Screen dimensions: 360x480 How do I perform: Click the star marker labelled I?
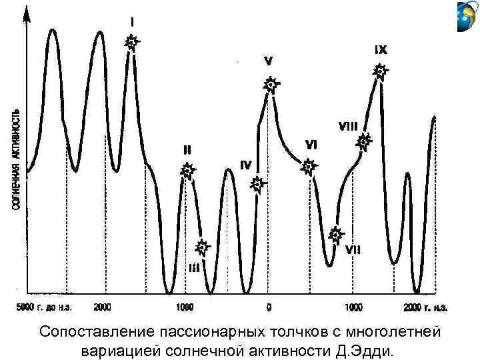click(132, 43)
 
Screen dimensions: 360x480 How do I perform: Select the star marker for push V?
click(270, 85)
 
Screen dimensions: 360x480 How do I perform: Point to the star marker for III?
click(203, 247)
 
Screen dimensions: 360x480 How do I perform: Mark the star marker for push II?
click(188, 171)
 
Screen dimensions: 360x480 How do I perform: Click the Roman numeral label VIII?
click(349, 126)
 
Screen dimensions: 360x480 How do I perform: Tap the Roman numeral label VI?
click(311, 144)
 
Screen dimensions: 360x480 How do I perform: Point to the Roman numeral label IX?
click(381, 49)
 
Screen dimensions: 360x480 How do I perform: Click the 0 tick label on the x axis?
click(269, 307)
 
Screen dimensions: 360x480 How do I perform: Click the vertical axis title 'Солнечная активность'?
click(16, 161)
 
